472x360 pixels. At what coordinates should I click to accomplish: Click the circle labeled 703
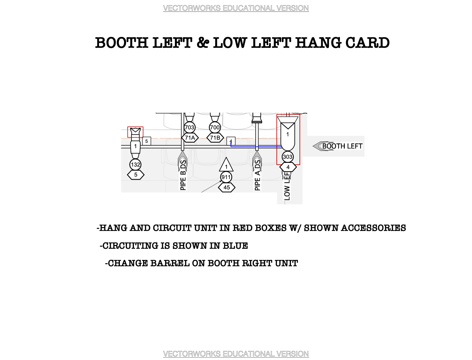[189, 127]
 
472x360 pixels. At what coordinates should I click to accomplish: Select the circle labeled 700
[215, 127]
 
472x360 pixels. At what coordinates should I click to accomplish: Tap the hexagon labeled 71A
[190, 138]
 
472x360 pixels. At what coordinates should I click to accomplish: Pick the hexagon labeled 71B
[215, 138]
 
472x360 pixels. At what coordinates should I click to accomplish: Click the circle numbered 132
[135, 165]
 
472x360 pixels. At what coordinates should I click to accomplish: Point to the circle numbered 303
[288, 157]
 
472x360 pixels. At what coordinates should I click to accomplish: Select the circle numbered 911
[226, 177]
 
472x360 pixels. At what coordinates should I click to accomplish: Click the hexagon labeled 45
[227, 187]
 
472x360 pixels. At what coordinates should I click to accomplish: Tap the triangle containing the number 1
[226, 165]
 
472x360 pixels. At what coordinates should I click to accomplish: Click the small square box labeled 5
[147, 141]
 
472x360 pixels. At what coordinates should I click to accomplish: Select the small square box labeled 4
[231, 141]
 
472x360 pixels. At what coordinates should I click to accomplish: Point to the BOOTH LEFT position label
[342, 146]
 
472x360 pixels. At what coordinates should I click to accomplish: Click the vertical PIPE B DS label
[183, 175]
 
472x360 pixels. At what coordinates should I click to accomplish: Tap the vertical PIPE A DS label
[258, 175]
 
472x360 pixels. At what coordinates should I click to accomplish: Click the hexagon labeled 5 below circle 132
[136, 175]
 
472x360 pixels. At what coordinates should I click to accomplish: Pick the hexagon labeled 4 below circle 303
[288, 167]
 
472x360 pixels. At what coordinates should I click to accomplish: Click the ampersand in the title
[203, 43]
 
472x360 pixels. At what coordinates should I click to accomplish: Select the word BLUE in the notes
[235, 246]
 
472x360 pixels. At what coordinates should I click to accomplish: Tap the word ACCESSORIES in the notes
[373, 228]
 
